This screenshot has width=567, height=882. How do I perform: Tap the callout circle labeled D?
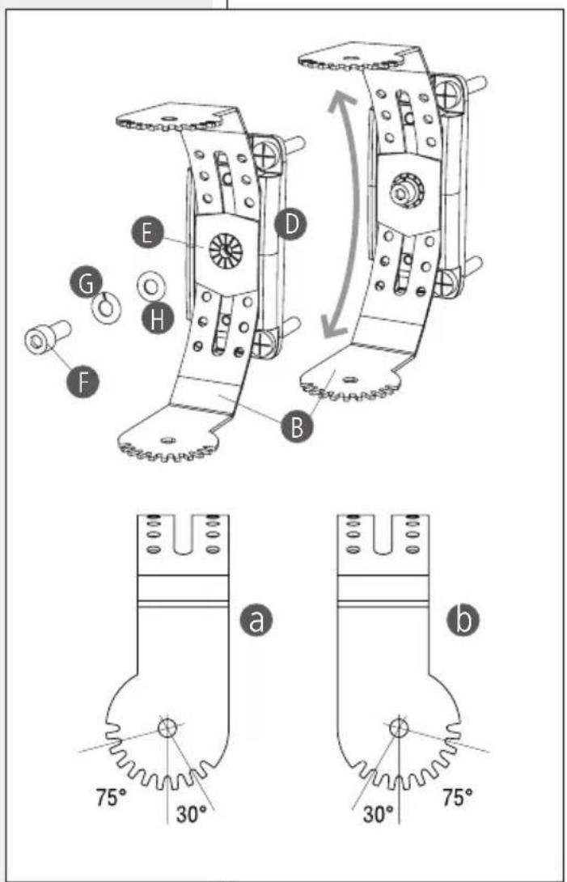pyautogui.click(x=291, y=226)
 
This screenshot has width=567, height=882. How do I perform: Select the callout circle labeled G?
pyautogui.click(x=86, y=285)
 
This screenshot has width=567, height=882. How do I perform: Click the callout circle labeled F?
pyautogui.click(x=83, y=382)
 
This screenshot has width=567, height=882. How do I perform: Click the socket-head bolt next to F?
pyautogui.click(x=46, y=337)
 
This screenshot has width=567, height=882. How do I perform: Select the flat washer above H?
pyautogui.click(x=150, y=287)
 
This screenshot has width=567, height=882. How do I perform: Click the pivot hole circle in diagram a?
pyautogui.click(x=167, y=728)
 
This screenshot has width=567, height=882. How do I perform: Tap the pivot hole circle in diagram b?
pyautogui.click(x=398, y=728)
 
